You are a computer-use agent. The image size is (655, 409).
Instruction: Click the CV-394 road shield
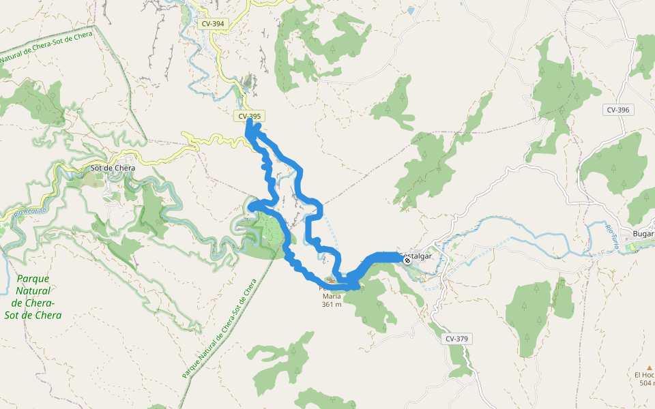[212, 24]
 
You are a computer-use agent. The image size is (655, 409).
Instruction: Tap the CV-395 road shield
[250, 117]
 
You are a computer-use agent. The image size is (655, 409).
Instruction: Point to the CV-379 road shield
[458, 339]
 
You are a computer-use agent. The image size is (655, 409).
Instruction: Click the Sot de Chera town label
[113, 168]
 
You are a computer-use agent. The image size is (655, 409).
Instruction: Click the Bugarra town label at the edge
[643, 234]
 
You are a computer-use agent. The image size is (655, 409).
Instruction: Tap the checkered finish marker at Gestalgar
[407, 260]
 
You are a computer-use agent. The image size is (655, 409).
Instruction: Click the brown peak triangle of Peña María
[332, 279]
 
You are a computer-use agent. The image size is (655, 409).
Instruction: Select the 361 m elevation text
[332, 305]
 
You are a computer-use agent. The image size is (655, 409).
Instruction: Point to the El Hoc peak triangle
[649, 367]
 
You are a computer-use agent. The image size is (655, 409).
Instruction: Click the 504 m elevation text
[647, 383]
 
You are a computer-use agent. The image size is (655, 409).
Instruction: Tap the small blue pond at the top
[410, 10]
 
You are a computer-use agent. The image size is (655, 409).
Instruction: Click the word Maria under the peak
[332, 297]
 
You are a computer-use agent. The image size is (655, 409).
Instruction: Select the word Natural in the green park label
[33, 290]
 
